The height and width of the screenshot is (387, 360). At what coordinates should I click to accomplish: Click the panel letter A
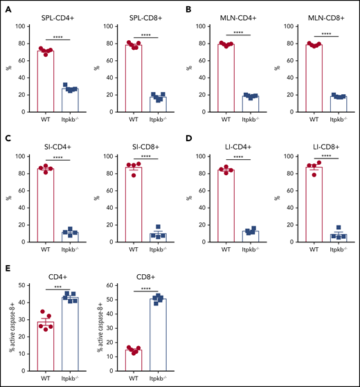[x=12, y=13]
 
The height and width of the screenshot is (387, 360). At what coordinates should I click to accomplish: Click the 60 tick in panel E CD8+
[x=111, y=285]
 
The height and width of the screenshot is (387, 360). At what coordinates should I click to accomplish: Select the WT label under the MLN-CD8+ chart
[x=303, y=118]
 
